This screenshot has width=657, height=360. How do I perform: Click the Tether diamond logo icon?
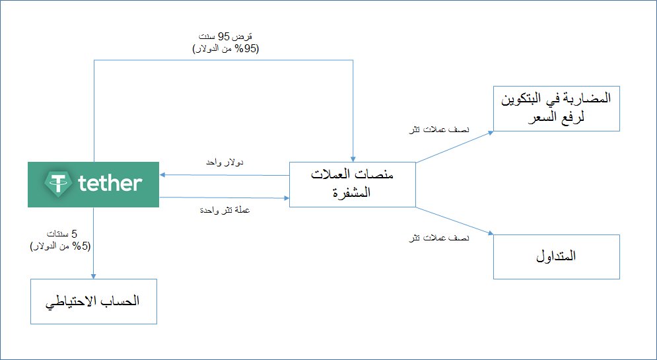[x=58, y=183]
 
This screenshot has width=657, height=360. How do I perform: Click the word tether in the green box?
[x=110, y=183]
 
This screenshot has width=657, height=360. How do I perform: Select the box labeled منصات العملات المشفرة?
[x=352, y=183]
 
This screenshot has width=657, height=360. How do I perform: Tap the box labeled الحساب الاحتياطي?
[x=92, y=301]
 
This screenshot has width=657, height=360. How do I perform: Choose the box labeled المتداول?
[x=555, y=256]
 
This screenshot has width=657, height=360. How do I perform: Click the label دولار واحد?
[x=226, y=162]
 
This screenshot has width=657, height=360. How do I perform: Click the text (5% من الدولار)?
[x=60, y=245]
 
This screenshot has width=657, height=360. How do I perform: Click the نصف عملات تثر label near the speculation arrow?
[x=440, y=130]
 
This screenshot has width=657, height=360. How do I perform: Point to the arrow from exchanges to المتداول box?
[x=456, y=220]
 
